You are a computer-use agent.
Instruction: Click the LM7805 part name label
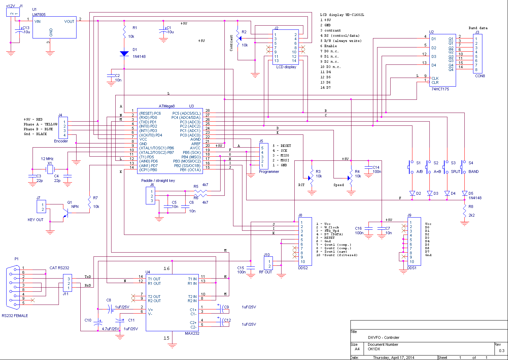39,15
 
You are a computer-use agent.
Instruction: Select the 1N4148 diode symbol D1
124,54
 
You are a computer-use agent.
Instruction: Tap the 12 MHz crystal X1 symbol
50,169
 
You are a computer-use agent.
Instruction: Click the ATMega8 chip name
167,106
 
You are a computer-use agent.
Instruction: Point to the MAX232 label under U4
192,333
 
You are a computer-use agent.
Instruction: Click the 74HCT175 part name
440,89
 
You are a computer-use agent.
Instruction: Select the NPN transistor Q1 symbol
65,213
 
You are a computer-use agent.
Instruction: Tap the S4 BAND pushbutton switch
463,167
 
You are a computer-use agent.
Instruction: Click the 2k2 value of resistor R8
472,215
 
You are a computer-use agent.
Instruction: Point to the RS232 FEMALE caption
15,316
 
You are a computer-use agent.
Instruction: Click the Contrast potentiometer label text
231,43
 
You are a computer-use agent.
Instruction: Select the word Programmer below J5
269,172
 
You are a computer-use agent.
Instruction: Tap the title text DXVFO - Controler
383,337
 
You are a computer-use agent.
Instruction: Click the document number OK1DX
374,349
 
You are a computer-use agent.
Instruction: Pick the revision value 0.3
502,351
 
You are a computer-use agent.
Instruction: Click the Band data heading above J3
478,28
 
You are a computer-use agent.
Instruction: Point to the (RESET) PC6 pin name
150,113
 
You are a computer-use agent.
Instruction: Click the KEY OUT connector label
35,220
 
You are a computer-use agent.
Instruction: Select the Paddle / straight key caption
158,181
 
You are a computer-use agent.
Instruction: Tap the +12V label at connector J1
10,6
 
